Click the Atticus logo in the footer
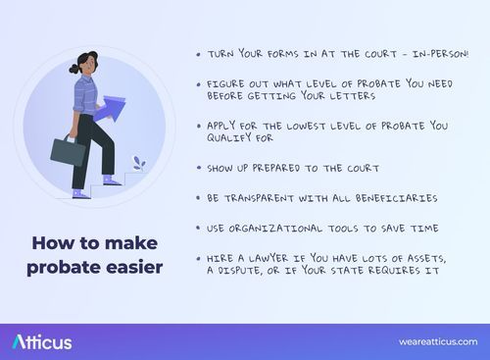(42, 341)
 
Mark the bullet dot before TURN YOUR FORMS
(199, 55)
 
